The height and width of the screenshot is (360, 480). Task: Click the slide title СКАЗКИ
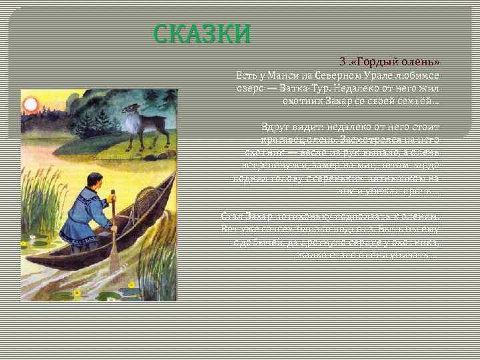[x=203, y=34]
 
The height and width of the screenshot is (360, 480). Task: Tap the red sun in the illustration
[x=31, y=105]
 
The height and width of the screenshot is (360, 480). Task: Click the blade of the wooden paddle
[x=115, y=257]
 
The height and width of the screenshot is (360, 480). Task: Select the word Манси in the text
[x=273, y=74]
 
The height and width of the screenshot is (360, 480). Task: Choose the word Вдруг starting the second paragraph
[x=275, y=126]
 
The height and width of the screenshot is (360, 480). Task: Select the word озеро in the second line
[x=250, y=87]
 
